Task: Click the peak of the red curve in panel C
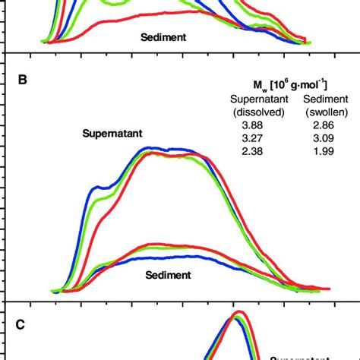(239, 312)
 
